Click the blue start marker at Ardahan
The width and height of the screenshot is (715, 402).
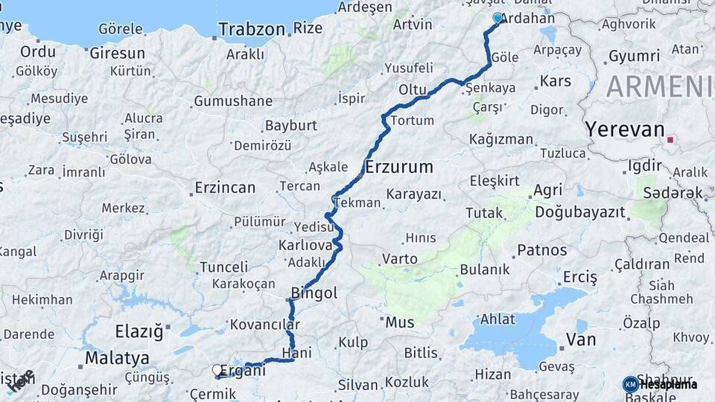point(498,18)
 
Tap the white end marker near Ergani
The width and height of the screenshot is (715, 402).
point(217,369)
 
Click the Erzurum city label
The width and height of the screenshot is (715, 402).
point(398,167)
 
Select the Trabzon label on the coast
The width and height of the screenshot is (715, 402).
point(252,30)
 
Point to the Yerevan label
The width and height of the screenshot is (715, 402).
point(624,129)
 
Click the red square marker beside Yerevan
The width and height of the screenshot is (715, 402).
point(672,139)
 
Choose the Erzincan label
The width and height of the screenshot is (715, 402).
point(225,188)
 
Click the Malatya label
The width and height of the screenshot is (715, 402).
point(112,358)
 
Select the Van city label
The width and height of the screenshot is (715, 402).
point(581,339)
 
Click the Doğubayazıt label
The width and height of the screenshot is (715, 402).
point(579,212)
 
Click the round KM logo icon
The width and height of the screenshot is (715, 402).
point(631,385)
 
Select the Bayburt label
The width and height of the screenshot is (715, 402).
point(291,125)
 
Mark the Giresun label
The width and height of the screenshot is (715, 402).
point(117,54)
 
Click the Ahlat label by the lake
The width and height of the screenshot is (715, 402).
point(498,319)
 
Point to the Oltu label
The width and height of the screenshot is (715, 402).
point(412,89)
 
